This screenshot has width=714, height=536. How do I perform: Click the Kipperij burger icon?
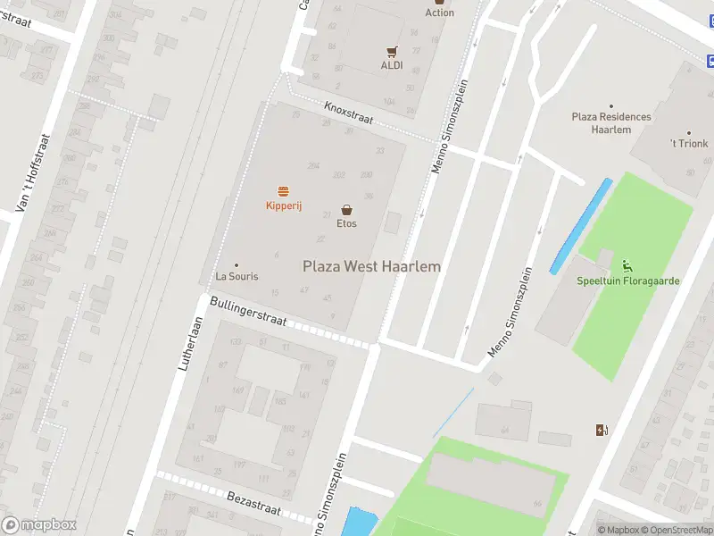pos(284,191)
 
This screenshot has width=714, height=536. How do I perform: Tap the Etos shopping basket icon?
pos(346,210)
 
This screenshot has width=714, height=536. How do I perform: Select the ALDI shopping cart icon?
pos(392,52)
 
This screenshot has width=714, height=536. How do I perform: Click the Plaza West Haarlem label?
pos(371,266)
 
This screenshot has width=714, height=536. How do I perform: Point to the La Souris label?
pos(237,276)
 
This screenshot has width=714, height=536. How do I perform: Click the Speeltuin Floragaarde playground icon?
pos(627,265)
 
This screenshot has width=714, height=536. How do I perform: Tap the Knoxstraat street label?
pos(349,113)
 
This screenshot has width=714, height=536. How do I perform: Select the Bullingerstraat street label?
pos(248,312)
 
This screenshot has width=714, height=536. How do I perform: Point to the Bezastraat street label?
pos(253,503)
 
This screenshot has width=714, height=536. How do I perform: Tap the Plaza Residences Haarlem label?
pos(611,123)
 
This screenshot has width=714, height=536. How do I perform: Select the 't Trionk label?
pos(688,143)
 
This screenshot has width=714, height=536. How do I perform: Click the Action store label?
pos(439,13)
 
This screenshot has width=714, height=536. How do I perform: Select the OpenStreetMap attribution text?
pos(677,530)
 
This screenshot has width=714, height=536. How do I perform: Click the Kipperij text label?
pos(284,206)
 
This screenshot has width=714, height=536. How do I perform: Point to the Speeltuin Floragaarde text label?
pos(627,281)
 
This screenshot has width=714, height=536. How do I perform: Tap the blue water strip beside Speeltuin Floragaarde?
pos(581,225)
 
